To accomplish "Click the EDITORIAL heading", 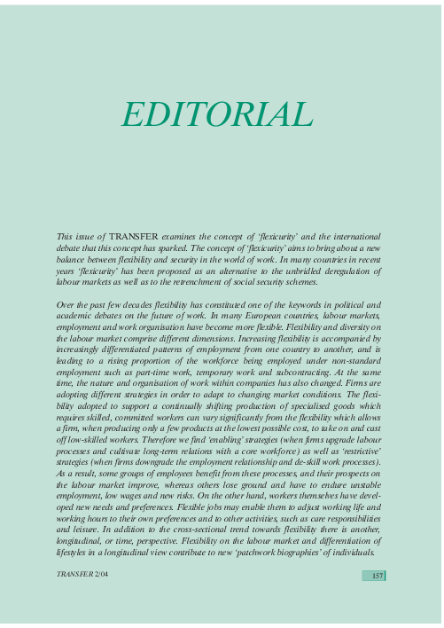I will click(217, 114).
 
